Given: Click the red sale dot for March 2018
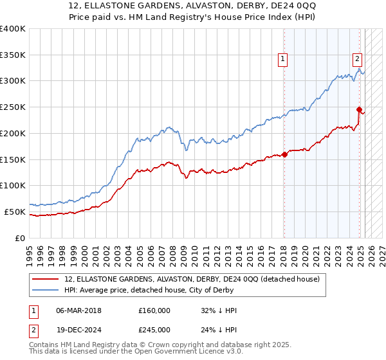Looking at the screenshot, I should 284,154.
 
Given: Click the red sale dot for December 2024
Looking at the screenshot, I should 359,109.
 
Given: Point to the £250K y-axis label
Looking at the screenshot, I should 13,107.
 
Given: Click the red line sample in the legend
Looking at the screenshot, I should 46,279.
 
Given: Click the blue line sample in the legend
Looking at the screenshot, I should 46,290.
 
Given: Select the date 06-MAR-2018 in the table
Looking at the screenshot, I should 79,310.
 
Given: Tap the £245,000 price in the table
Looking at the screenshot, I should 154,330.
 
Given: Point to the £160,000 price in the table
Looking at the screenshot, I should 154,310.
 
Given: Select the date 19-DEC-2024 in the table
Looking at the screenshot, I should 79,330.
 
